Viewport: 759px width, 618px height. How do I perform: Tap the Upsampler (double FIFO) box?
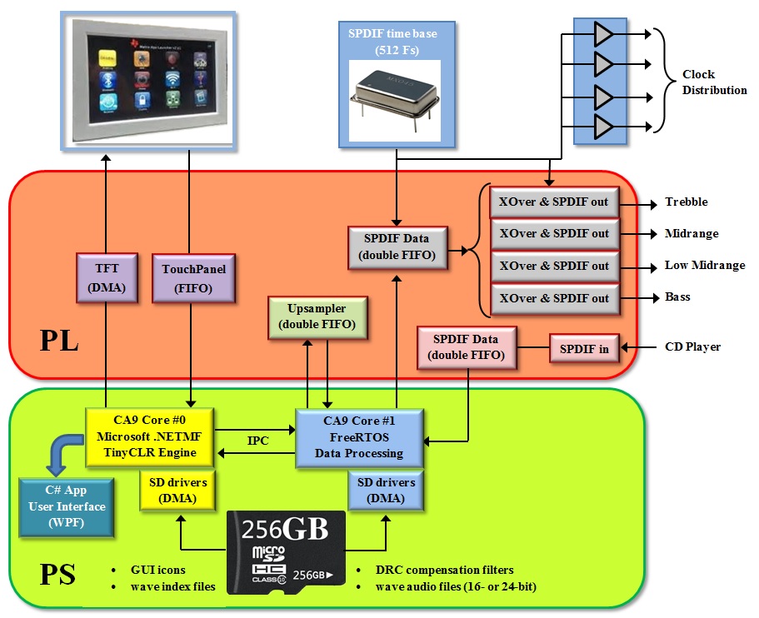click(317, 316)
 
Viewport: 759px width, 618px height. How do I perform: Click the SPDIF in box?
click(583, 348)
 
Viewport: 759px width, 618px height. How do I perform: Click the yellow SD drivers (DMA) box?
click(177, 491)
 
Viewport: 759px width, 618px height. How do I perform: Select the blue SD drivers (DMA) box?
click(386, 491)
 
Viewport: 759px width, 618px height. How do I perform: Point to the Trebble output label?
click(686, 202)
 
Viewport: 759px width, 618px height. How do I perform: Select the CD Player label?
click(692, 346)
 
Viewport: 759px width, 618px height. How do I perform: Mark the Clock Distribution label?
click(714, 82)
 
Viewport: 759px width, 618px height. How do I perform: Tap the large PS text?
click(57, 574)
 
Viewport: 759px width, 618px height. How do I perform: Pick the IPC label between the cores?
click(258, 441)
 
